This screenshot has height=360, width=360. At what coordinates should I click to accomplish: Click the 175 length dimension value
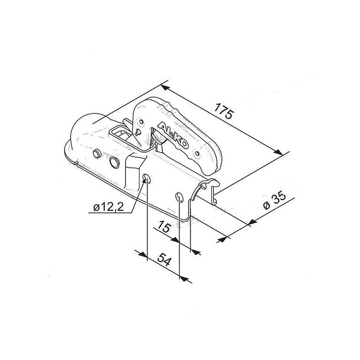pos(223,111)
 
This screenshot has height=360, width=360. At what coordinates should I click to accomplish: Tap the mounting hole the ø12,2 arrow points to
pos(146,180)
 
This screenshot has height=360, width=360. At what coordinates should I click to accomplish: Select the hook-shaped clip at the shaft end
pos(211,189)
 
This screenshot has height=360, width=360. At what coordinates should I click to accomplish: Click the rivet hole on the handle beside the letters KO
pos(196,152)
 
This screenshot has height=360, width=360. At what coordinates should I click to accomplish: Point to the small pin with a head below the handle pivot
pos(137,131)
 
